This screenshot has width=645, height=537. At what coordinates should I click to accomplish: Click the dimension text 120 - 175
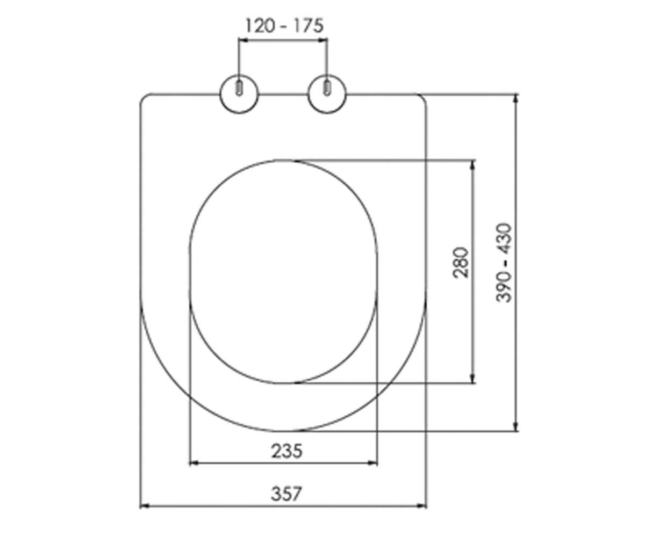point(284,25)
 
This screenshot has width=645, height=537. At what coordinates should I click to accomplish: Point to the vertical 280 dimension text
point(460,263)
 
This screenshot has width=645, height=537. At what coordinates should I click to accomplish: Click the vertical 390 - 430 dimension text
point(504,263)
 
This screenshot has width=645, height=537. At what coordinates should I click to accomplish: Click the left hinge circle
point(239,94)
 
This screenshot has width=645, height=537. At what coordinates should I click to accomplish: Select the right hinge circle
point(327,94)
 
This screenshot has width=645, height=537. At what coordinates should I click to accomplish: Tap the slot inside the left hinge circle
point(239,88)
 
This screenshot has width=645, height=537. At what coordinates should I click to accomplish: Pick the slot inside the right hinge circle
point(327,88)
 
